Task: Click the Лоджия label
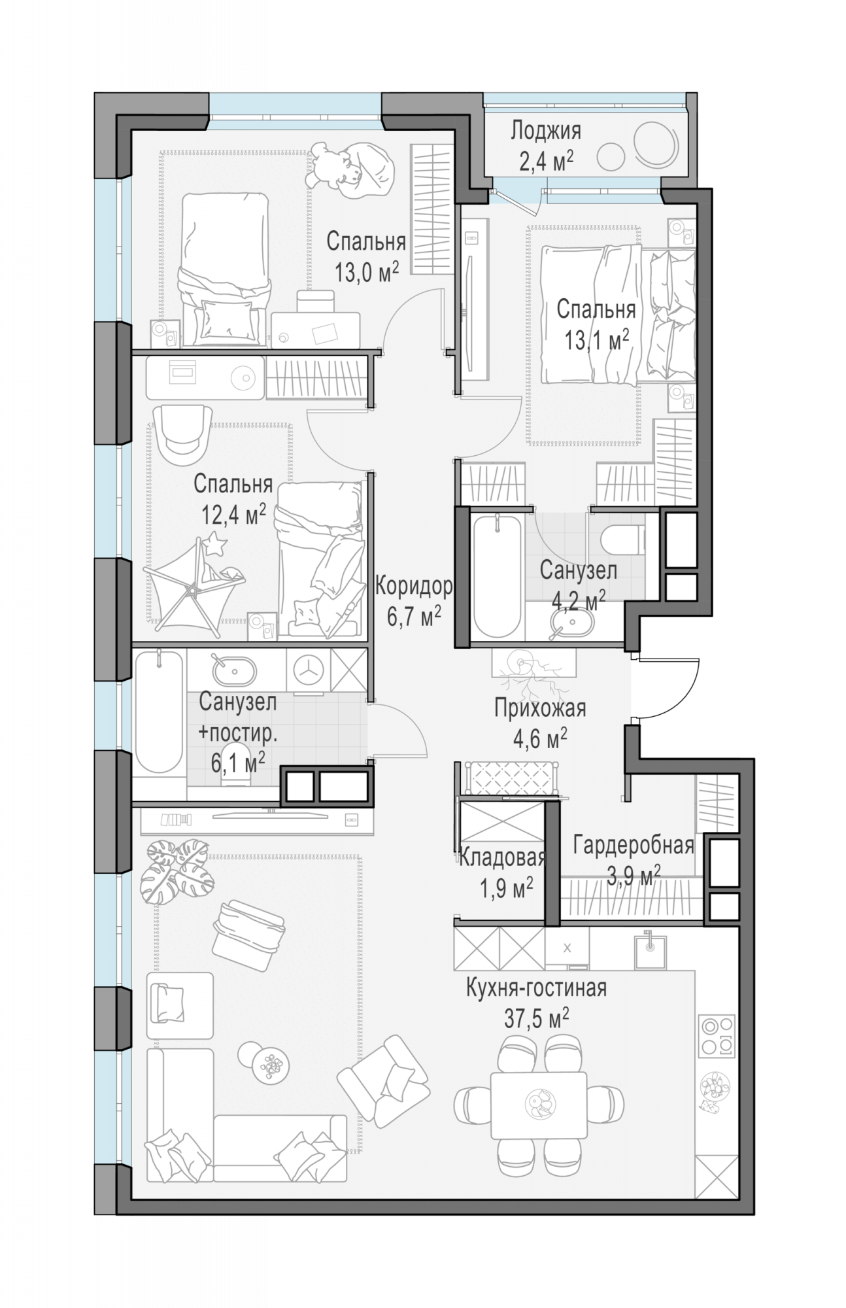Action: tap(545, 131)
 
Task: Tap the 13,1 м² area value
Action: tap(597, 339)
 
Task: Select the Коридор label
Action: tap(414, 587)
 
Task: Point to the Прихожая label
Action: tap(539, 708)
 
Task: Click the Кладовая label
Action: tap(502, 857)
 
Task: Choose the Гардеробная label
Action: tap(633, 845)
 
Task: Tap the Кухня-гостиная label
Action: tap(536, 988)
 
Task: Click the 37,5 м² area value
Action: tap(536, 1018)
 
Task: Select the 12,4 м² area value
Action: tap(233, 515)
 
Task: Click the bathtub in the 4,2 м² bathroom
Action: tap(498, 576)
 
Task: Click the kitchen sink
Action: tap(650, 952)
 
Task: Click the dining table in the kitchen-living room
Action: tap(538, 1106)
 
